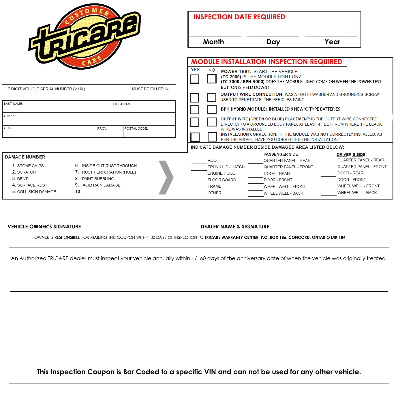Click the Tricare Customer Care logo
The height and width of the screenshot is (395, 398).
pos(85,37)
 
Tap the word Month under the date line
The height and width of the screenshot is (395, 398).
pos(213,42)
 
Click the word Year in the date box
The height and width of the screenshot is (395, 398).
pos(332,42)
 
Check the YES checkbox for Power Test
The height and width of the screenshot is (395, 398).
pos(195,79)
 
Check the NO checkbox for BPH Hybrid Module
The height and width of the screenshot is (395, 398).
pos(212,109)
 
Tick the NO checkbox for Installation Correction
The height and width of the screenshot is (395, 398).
pos(212,137)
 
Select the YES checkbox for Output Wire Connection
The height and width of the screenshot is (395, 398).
pos(195,98)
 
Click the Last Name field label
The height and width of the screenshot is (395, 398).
pos(14,104)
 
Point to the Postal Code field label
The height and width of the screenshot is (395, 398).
pos(136,128)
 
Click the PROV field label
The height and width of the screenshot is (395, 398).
pos(102,128)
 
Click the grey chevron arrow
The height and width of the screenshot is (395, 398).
pos(166,177)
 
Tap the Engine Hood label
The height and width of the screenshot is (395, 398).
pos(221,173)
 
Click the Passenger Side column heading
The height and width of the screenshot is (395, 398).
pos(281,154)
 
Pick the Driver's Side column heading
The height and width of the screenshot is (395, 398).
pos(351,154)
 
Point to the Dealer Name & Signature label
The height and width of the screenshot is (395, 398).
pos(235,227)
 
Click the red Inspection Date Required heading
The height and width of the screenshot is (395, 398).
pos(239,17)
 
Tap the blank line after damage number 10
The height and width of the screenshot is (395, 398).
pos(116,193)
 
